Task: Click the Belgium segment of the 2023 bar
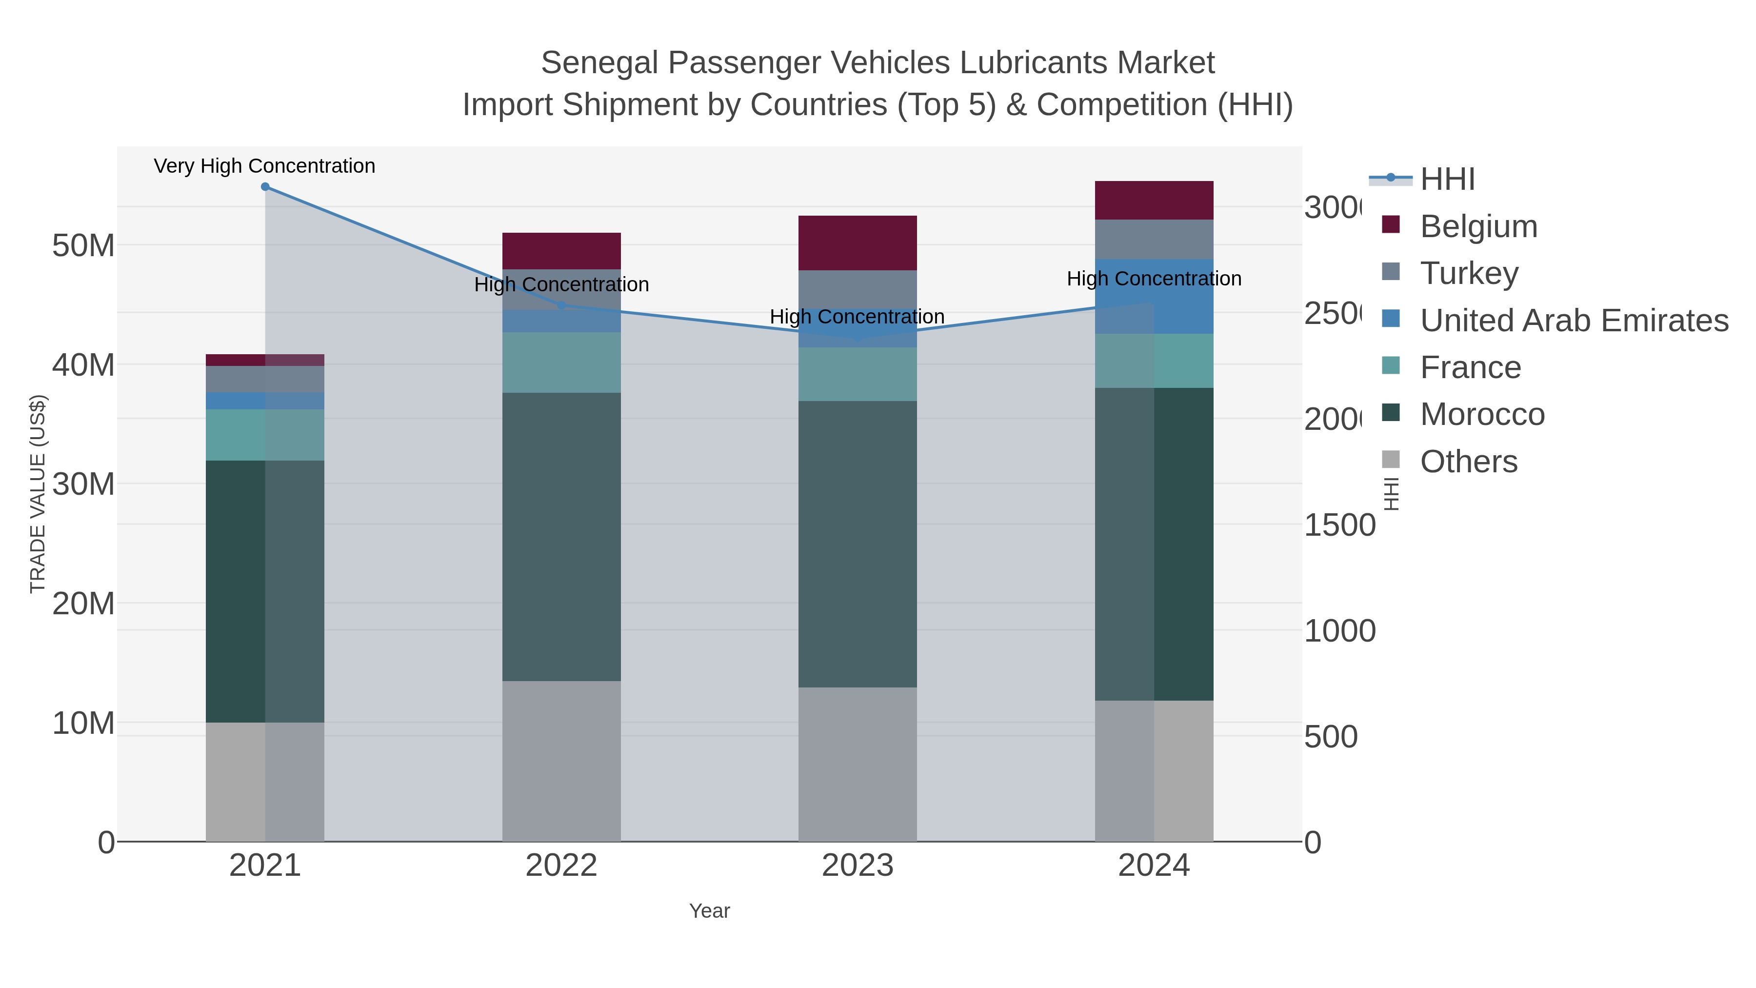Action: coord(857,243)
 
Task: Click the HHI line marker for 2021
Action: coord(265,187)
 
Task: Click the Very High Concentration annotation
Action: coord(264,166)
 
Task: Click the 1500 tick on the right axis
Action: coord(1339,525)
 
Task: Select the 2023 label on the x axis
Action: coord(857,865)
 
